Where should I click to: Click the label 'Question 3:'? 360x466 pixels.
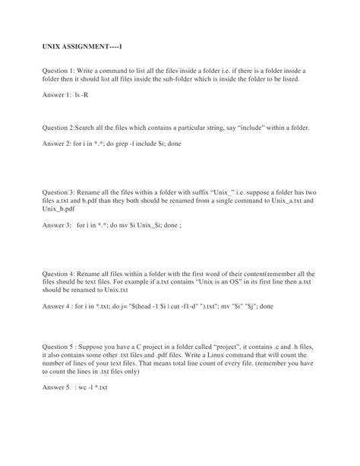pos(61,194)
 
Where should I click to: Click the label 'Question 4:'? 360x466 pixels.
pos(61,272)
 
